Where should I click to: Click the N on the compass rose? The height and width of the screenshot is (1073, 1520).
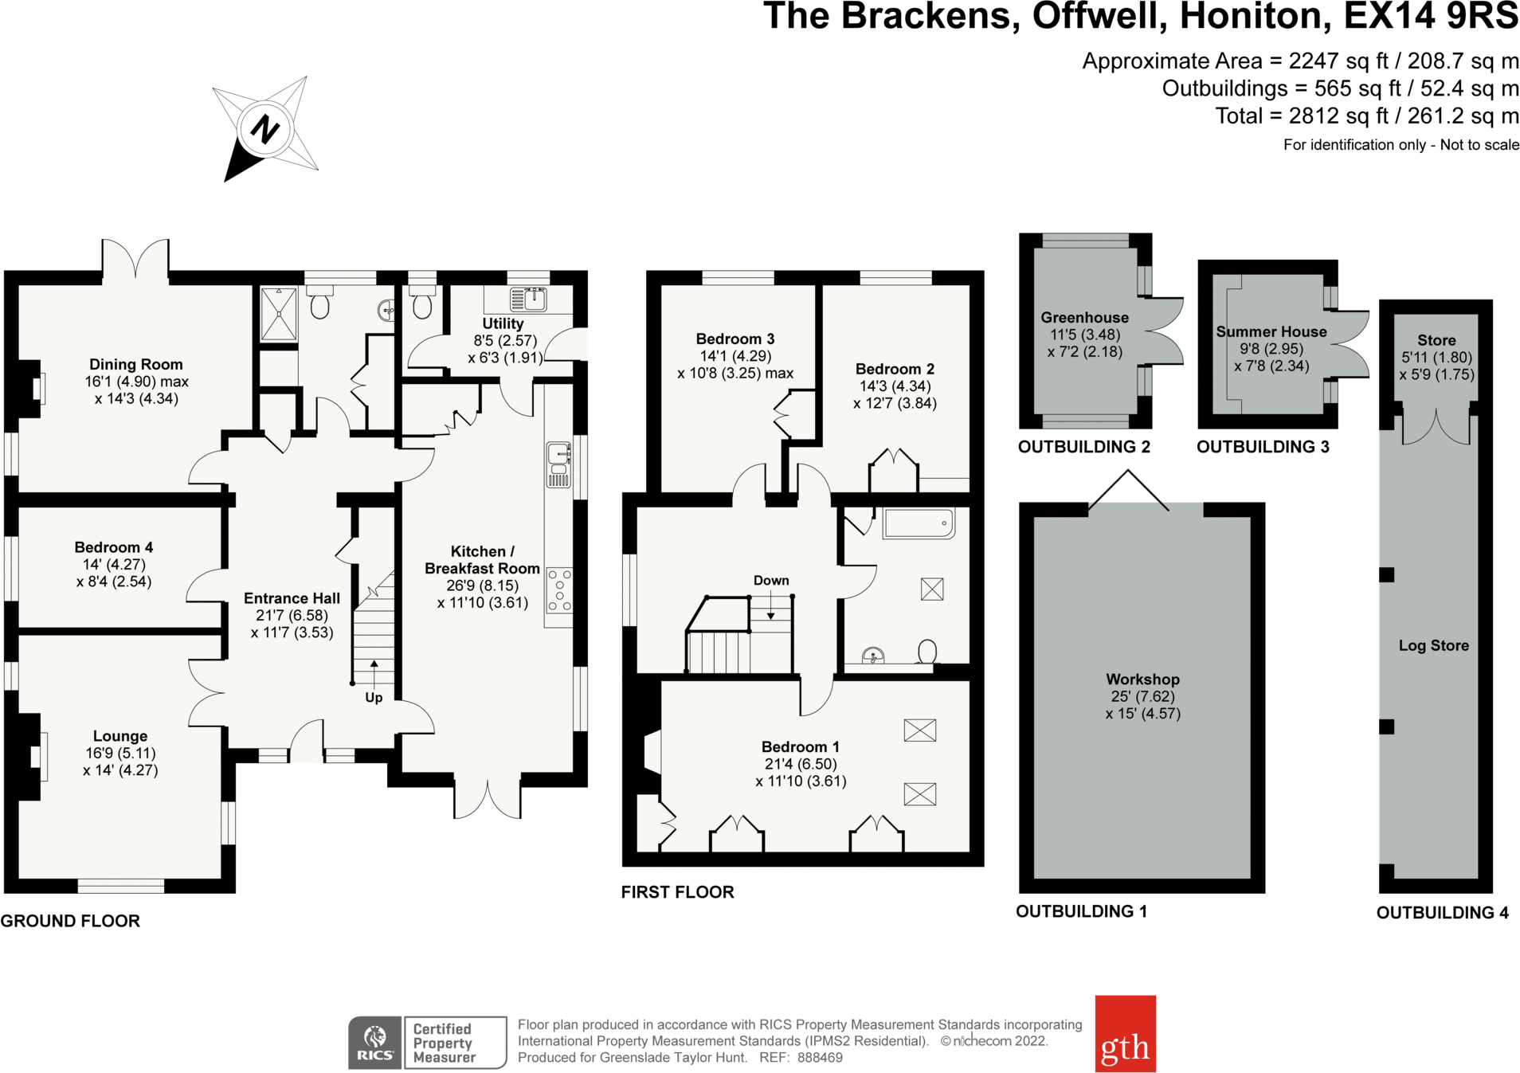point(264,129)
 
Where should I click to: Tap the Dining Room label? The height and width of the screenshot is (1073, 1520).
point(136,364)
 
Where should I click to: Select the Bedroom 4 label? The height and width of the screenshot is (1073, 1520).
point(114,547)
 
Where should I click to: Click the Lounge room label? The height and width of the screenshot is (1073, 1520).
point(120,736)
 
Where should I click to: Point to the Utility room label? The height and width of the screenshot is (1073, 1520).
point(503,323)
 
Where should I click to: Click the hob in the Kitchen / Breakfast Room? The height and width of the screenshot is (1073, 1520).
point(559,590)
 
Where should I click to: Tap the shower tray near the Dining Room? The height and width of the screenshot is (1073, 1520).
point(279,314)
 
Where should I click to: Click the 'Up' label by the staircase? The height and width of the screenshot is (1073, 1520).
point(374,698)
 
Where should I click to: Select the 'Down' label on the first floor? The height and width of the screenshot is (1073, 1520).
point(771,581)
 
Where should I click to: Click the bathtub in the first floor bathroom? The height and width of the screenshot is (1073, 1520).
point(919,523)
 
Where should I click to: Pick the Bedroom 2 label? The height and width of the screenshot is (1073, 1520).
point(895,369)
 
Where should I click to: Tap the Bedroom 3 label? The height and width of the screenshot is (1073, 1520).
point(735,339)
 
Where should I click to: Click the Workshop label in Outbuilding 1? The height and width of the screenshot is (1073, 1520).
point(1142,679)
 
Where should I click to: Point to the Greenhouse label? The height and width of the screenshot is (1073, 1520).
point(1084,317)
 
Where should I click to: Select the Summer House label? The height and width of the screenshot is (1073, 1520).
point(1271,331)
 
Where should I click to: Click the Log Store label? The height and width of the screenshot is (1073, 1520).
point(1433,645)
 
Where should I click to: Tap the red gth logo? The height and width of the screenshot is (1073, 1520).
point(1125,1032)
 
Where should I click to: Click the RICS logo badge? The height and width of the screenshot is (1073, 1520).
point(375,1042)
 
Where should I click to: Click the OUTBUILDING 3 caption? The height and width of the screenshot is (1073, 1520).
point(1263,447)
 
